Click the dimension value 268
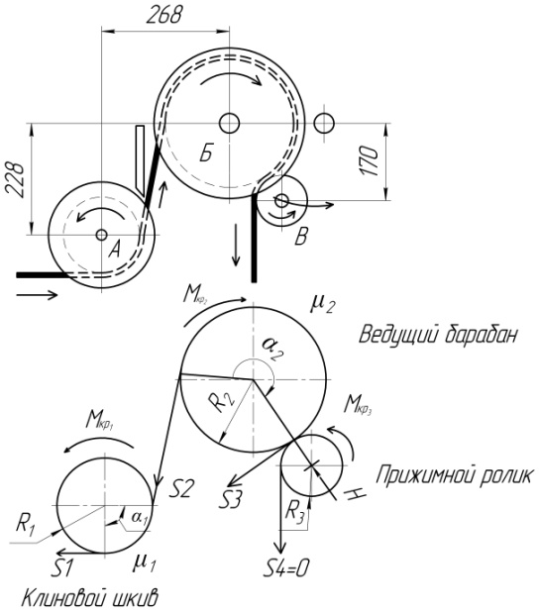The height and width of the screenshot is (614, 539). (164, 15)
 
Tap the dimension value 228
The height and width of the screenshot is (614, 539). (15, 179)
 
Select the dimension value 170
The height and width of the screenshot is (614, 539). (370, 160)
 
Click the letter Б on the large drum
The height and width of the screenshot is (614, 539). (206, 153)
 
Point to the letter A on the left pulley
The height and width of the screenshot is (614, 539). (114, 249)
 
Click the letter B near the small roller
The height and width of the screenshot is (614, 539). (301, 236)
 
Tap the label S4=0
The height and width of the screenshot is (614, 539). (285, 567)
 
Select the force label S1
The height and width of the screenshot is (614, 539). (61, 567)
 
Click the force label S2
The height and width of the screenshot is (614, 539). (180, 488)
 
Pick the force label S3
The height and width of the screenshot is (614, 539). (230, 499)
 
